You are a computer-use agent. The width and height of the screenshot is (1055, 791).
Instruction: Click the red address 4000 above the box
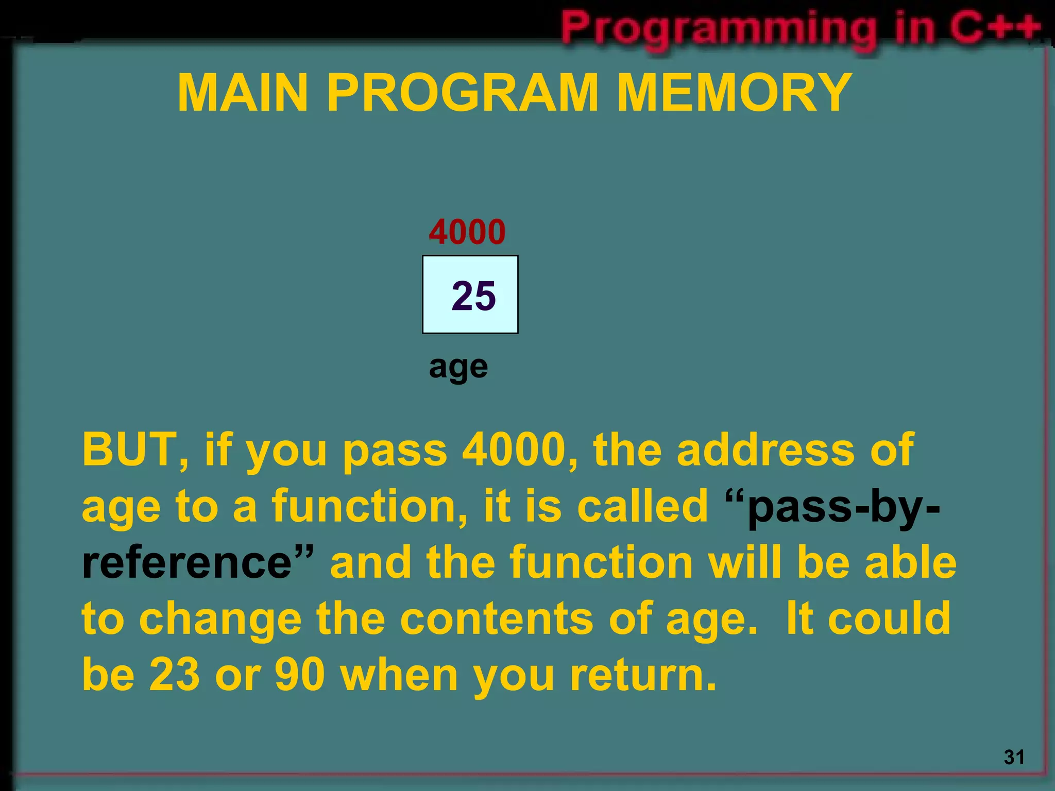tap(467, 232)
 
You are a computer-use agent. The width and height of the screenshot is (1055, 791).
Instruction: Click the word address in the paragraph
tap(765, 449)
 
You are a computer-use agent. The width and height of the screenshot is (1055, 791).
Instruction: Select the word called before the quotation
tap(642, 506)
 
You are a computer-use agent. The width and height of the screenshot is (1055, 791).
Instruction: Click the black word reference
tap(187, 562)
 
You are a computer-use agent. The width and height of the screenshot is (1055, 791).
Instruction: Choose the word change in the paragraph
tap(220, 620)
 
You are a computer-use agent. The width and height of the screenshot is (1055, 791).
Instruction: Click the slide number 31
tap(1014, 756)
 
